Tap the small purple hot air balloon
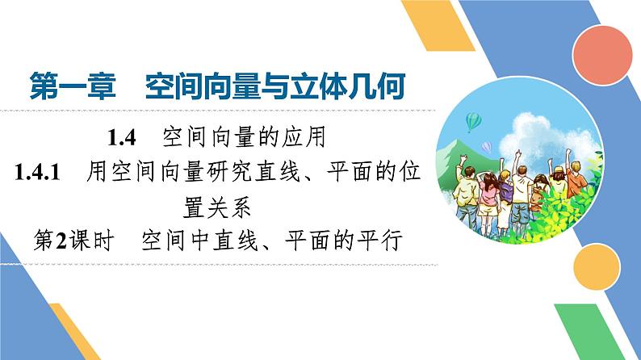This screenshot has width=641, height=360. [487, 146]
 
